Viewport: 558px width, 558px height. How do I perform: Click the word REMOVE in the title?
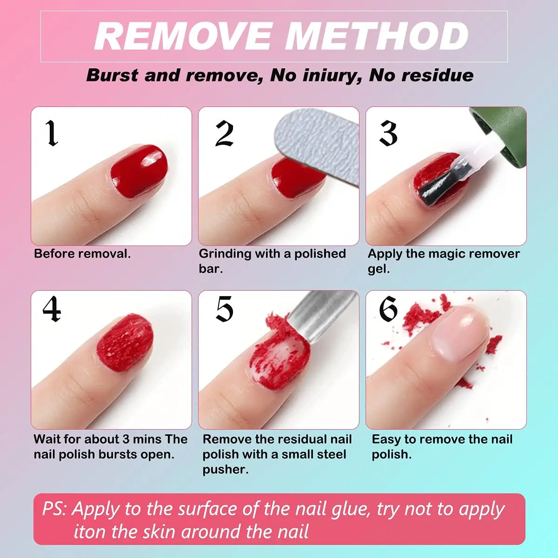[183, 36]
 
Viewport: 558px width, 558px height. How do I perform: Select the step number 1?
[52, 133]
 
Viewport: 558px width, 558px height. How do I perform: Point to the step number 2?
[224, 133]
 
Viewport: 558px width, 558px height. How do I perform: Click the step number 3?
[388, 133]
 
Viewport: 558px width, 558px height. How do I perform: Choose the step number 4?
[52, 309]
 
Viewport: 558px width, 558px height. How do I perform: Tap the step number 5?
[224, 309]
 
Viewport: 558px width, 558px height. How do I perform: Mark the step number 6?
[388, 309]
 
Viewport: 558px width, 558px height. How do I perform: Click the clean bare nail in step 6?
[458, 332]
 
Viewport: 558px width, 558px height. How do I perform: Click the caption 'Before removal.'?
[82, 254]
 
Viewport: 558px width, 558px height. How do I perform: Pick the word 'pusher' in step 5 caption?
[225, 470]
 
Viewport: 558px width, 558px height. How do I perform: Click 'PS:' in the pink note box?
[54, 509]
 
